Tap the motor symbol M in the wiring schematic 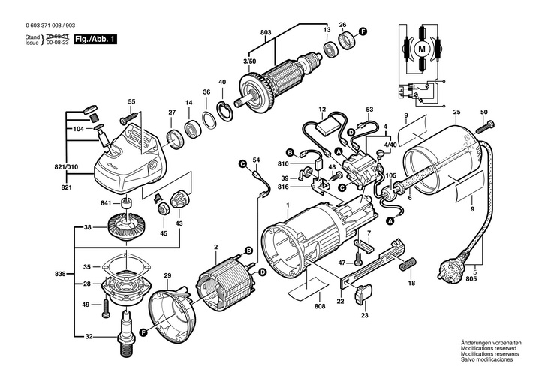click(x=421, y=49)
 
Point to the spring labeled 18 click(x=410, y=265)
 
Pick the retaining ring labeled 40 click(x=224, y=106)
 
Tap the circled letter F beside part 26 click(x=363, y=31)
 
